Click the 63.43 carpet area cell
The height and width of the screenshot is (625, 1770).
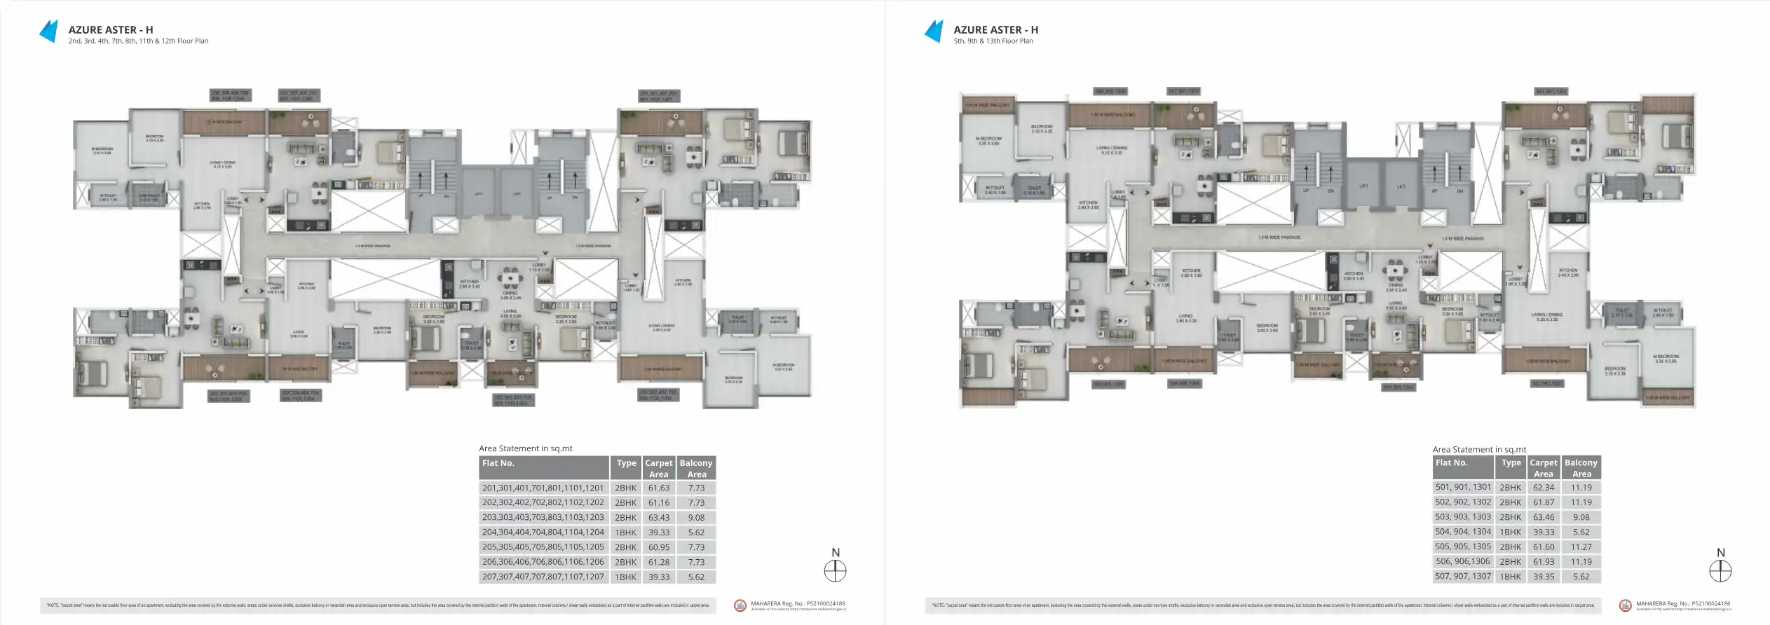[x=658, y=518]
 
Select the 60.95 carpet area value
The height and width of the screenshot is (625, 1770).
[x=658, y=547]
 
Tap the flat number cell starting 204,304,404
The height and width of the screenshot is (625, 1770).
[x=543, y=533]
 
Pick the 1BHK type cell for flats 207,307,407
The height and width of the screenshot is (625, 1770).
[x=625, y=577]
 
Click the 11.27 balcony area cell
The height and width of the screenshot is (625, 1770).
[x=1581, y=547]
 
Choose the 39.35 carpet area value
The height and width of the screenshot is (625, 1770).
[x=1543, y=577]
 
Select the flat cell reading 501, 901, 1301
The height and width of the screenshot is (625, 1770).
[x=1463, y=488]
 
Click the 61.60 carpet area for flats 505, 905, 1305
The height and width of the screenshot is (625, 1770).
[x=1543, y=547]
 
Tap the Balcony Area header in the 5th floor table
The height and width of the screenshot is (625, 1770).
[x=1581, y=468]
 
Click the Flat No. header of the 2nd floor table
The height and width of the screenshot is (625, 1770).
[x=498, y=463]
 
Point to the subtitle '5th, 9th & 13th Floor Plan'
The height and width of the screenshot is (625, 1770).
[x=993, y=41]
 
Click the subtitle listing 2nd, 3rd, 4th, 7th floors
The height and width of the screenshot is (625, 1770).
[x=138, y=41]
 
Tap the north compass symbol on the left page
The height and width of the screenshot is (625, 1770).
[x=835, y=571]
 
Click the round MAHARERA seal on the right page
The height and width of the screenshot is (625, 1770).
[x=1625, y=605]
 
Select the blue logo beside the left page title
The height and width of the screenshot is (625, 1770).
[x=48, y=32]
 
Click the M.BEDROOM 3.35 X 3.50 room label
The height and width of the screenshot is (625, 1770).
[x=988, y=141]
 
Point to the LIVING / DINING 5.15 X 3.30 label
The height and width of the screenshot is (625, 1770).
[x=1112, y=150]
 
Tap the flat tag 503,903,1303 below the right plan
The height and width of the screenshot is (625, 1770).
[x=1398, y=387]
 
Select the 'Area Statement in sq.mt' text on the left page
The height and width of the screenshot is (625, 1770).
[x=525, y=448]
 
